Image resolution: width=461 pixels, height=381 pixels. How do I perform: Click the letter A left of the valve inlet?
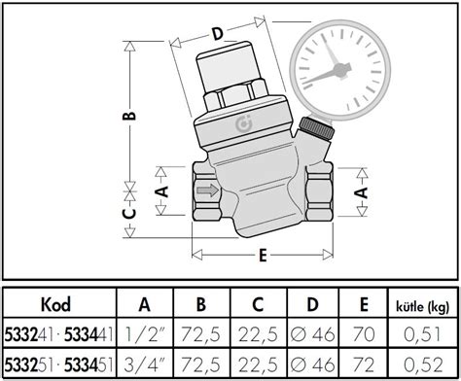(163, 191)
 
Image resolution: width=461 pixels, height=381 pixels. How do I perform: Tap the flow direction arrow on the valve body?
(207, 192)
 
